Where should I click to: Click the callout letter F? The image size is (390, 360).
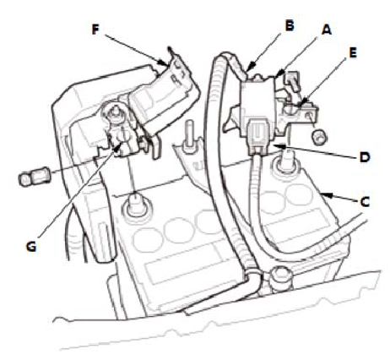tap(95, 30)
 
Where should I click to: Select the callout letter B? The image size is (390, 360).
tap(290, 25)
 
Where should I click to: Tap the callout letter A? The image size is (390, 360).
tap(327, 30)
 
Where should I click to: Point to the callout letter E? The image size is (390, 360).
tap(353, 52)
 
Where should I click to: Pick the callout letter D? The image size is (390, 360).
tap(365, 157)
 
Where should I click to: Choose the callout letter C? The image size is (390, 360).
tap(365, 202)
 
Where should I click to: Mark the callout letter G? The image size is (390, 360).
tap(31, 247)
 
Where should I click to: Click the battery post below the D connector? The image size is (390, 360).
tap(286, 162)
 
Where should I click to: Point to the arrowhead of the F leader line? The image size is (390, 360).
tap(166, 63)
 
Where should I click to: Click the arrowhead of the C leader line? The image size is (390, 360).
tap(325, 194)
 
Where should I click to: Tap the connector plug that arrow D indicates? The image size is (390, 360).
tap(257, 137)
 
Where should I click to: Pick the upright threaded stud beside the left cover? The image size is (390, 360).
tap(189, 136)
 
